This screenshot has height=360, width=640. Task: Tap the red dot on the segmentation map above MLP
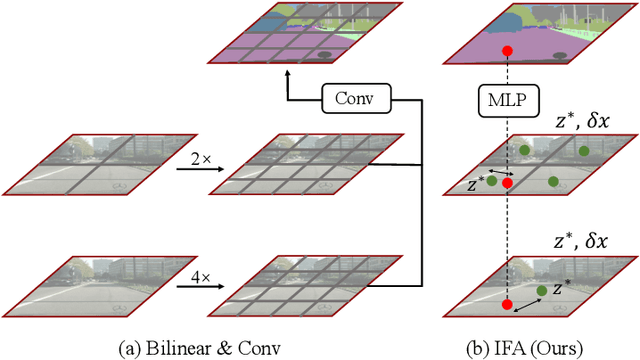(507, 50)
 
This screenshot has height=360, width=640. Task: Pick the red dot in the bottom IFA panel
(507, 303)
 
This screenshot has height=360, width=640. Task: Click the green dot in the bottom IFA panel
(541, 291)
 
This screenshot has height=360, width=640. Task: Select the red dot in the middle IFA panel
(507, 183)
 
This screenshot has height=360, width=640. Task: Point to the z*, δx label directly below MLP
(595, 122)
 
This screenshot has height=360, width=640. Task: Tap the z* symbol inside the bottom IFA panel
(562, 287)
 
